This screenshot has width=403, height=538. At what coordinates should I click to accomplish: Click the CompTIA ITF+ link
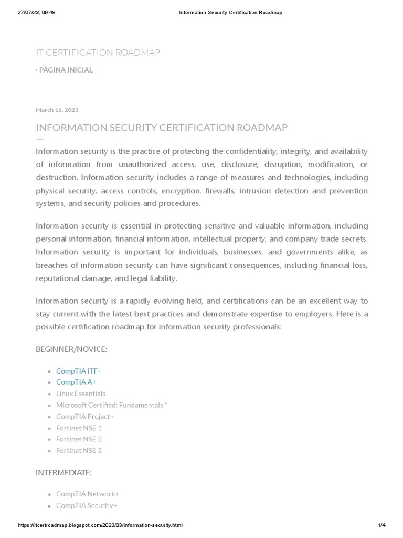point(79,371)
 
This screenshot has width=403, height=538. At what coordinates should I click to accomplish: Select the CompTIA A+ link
point(76,382)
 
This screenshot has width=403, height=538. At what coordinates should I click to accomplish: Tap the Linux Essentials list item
point(81,394)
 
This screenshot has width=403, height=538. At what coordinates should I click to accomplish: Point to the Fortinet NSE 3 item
point(79,450)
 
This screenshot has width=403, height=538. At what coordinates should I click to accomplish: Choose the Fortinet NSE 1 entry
point(79,428)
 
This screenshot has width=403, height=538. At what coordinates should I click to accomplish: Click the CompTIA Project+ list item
point(85,416)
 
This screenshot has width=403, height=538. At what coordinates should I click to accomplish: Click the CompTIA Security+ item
point(87,505)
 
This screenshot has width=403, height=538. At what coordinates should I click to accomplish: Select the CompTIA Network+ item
point(88,494)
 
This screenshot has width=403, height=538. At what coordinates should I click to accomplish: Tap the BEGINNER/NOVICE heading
point(71,349)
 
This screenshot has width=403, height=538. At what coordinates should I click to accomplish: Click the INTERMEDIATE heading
point(63,472)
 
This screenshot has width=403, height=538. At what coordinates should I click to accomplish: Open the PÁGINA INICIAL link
point(66,70)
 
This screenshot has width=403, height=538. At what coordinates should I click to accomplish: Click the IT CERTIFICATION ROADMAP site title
point(98,53)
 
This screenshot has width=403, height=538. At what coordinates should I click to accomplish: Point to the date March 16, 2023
point(57,110)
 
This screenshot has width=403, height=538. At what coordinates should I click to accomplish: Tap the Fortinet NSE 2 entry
point(79,439)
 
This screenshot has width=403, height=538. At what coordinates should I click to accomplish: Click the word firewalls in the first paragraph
point(220,190)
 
